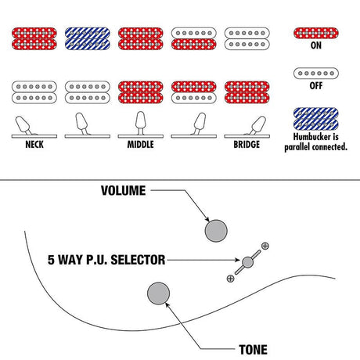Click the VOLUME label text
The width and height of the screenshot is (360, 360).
point(123,190)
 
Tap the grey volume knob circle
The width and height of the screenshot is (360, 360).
point(216,231)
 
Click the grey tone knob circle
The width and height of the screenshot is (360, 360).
point(158,293)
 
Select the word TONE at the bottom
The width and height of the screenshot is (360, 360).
point(253,350)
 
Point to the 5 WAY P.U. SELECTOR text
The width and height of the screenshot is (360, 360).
point(106,260)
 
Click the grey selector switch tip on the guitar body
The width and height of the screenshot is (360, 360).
point(247,262)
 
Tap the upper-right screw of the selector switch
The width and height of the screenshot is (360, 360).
point(265,246)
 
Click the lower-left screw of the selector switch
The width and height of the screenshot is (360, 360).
point(230,279)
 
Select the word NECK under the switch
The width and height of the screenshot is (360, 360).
point(34,144)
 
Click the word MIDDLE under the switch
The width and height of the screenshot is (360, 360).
point(140,144)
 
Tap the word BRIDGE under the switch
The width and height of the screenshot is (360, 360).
point(247,144)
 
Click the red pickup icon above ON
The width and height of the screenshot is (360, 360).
point(316,33)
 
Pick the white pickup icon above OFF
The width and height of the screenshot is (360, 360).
point(316,74)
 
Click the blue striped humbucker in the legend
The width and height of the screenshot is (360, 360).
point(316,119)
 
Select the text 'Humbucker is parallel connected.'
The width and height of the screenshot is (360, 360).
point(316,142)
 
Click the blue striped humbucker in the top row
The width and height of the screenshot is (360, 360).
point(88,38)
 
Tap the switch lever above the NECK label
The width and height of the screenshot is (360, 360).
point(23,125)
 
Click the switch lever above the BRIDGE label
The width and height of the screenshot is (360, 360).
point(257,125)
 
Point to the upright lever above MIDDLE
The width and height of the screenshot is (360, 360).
point(140,123)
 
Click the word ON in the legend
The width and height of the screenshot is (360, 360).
point(316,45)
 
